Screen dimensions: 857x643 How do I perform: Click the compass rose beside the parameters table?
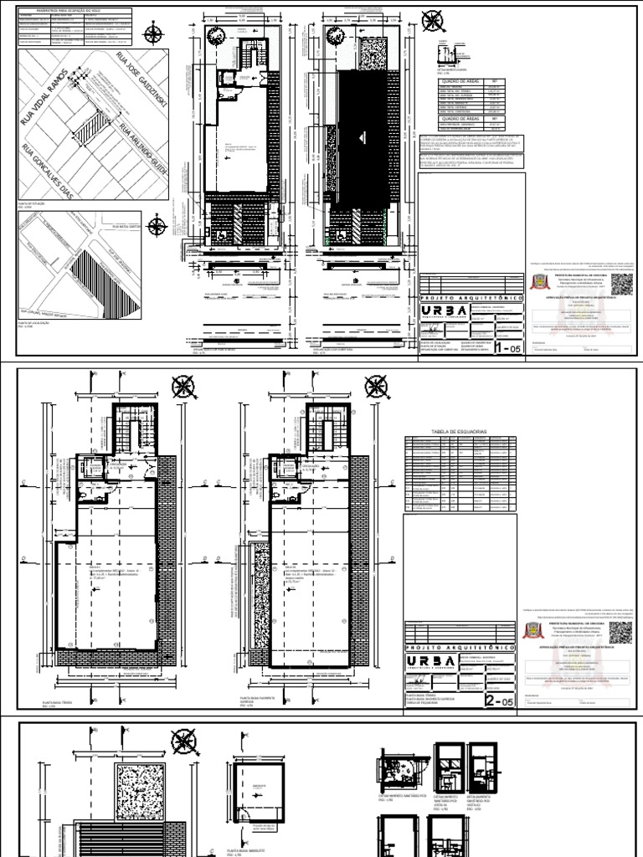point(154,34)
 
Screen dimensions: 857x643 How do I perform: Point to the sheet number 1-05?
point(508,346)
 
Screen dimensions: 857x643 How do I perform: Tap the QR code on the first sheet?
point(624,282)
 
